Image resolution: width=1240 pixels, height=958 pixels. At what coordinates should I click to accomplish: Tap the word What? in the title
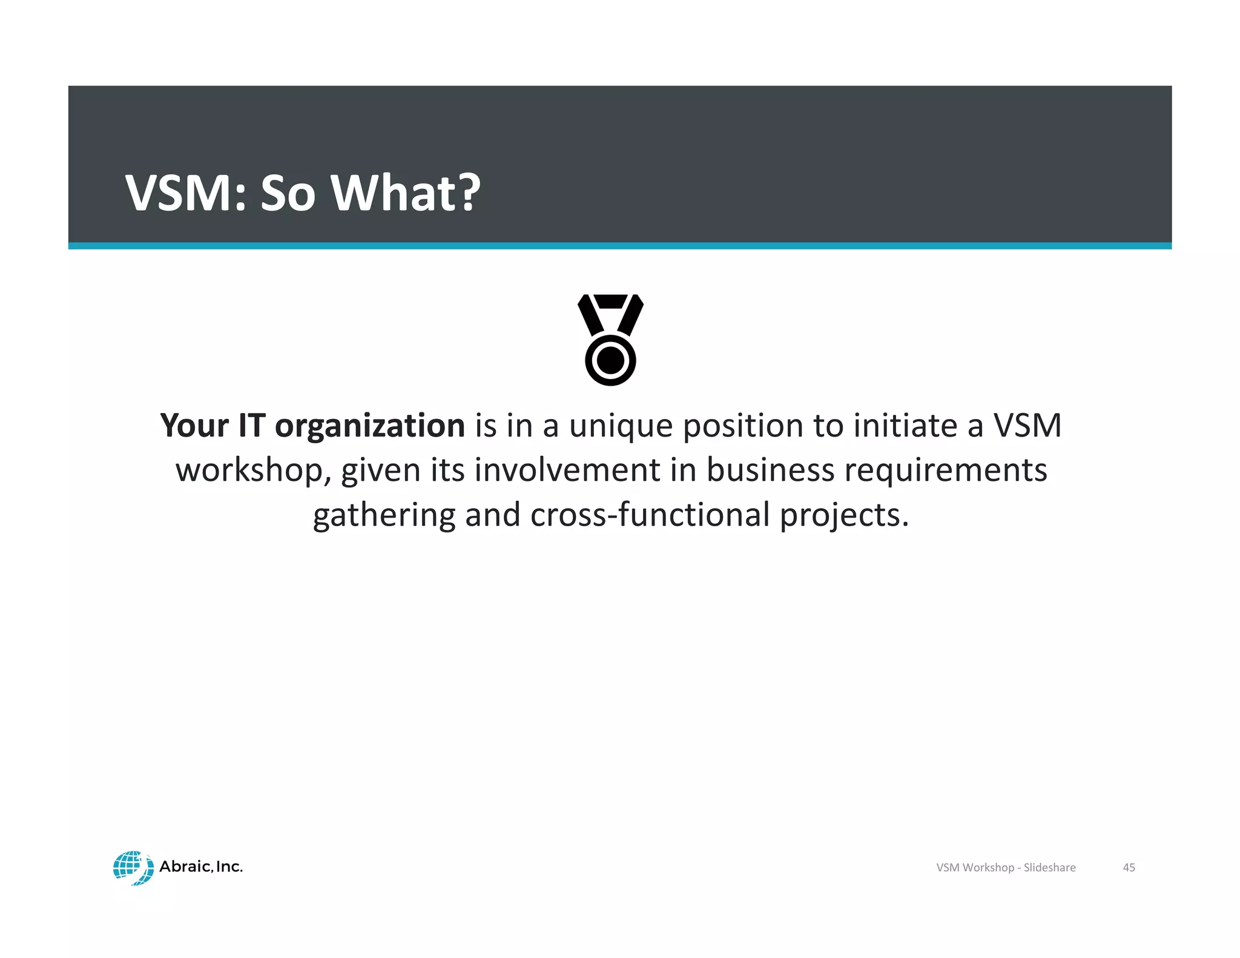pos(405,193)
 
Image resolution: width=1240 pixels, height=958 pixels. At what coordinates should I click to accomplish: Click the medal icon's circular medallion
pos(610,360)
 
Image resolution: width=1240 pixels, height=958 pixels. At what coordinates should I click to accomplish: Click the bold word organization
pos(369,426)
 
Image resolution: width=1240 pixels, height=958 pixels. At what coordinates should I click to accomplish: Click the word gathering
pos(384,516)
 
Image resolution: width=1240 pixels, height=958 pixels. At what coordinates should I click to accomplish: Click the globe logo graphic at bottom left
pos(133,867)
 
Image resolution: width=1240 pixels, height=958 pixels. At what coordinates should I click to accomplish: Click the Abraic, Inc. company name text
pos(201,867)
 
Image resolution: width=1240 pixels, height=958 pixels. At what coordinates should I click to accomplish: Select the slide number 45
pos(1129,867)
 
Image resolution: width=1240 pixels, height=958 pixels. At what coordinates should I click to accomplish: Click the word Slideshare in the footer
pos(1049,867)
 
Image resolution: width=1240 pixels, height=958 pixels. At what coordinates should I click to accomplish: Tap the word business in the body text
pos(770,470)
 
